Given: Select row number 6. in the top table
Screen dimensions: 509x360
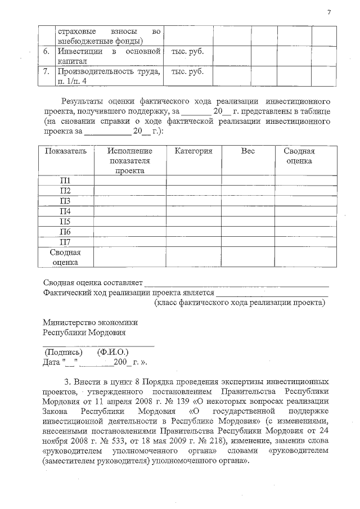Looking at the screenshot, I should (x=47, y=52).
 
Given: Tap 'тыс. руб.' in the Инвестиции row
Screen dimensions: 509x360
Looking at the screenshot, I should (x=187, y=52).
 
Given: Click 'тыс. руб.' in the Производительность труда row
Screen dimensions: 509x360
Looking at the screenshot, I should (x=187, y=72).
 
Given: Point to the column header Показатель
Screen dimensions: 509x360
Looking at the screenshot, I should (x=65, y=151).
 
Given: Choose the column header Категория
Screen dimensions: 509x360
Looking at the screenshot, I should (x=193, y=151).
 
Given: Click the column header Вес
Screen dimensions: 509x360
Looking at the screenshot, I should (x=247, y=151).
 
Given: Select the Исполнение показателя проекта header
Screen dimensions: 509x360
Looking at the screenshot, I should (x=130, y=160).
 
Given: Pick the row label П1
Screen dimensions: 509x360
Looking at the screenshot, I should (x=65, y=181).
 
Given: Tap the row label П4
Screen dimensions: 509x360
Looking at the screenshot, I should (x=65, y=211).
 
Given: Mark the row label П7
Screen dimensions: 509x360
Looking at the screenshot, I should (x=65, y=242).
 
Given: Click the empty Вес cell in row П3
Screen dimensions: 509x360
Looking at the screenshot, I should (x=247, y=201).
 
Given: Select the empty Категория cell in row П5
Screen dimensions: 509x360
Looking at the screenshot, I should (x=193, y=222).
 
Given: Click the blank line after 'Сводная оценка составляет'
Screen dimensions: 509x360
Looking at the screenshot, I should (x=236, y=283).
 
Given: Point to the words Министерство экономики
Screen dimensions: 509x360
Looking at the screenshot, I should (x=90, y=322).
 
